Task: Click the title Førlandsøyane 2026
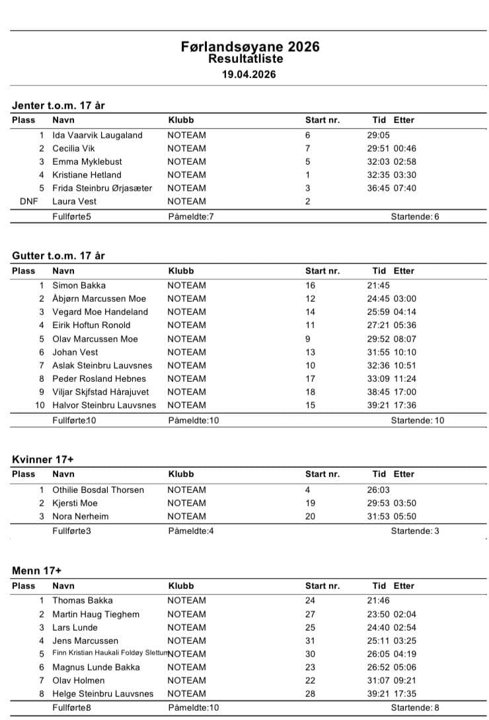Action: point(250,46)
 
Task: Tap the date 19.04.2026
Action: point(248,74)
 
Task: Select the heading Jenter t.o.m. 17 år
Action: point(59,105)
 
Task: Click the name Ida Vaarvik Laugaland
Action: point(97,135)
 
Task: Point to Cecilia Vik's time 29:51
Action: point(379,148)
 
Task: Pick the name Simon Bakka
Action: point(79,285)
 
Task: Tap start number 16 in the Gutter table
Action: point(310,285)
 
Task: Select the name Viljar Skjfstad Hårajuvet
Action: point(100,392)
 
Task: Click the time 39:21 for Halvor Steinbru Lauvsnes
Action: point(379,405)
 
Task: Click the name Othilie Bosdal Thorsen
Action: point(98,490)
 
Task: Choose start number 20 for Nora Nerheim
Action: point(310,516)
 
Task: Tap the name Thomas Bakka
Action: point(83,600)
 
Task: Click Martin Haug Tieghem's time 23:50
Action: point(379,614)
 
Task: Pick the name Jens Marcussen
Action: point(85,641)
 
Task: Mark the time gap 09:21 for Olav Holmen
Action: point(405,680)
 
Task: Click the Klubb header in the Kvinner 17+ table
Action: point(181,474)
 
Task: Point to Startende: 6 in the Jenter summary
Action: point(415,216)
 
